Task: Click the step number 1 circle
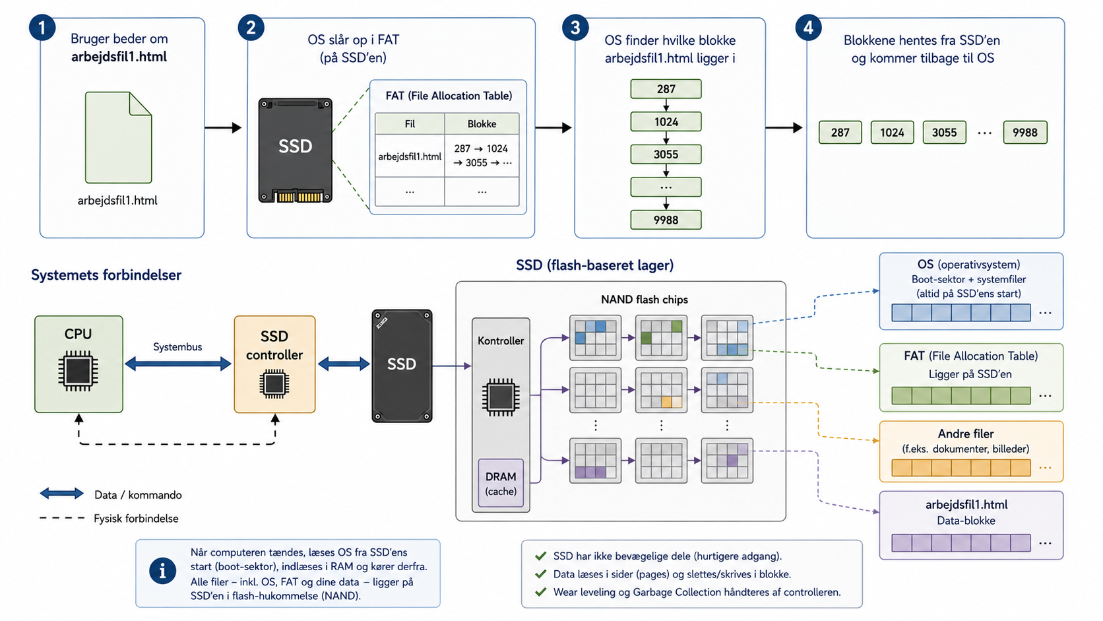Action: [42, 28]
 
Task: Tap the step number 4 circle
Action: [809, 28]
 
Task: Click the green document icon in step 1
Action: [118, 137]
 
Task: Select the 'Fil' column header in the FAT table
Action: [410, 123]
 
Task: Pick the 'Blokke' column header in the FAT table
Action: [482, 123]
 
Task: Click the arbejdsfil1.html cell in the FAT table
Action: [410, 156]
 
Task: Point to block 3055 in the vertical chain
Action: [666, 154]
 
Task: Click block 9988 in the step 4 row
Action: [1025, 133]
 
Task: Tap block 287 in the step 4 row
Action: [840, 133]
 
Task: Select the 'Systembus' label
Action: [177, 346]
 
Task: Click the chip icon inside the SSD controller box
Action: [274, 383]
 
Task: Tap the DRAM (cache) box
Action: [501, 484]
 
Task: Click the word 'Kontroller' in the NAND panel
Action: [501, 341]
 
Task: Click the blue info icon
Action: [162, 572]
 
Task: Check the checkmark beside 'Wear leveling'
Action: [541, 592]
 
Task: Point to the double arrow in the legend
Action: [61, 494]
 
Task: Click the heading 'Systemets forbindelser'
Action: [106, 275]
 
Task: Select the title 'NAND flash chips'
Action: [644, 300]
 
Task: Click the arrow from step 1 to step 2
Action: [223, 127]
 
